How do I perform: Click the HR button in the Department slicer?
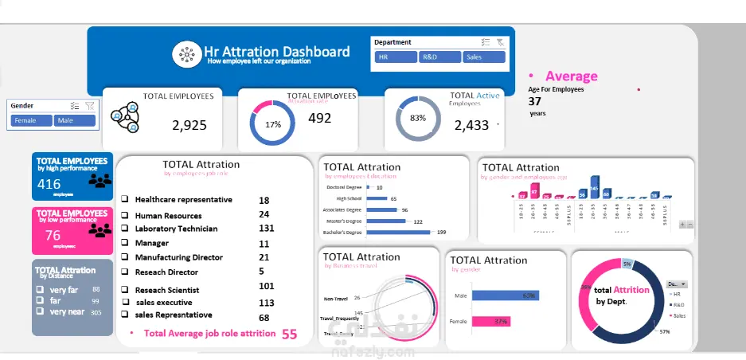[396, 57]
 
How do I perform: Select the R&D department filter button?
[439, 57]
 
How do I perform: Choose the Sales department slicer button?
[484, 57]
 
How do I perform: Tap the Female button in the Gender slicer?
[32, 120]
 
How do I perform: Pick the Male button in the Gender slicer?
[75, 120]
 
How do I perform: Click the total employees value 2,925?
[189, 125]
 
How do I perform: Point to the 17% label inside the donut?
[273, 125]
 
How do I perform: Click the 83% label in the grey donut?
[418, 118]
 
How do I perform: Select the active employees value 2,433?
[471, 125]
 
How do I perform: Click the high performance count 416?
[49, 184]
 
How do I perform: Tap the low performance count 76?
[53, 235]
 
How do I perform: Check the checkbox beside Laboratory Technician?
[125, 229]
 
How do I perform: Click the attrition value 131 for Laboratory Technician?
[266, 229]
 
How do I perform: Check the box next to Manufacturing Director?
[125, 258]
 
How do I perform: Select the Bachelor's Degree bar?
[398, 233]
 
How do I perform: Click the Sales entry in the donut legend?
[678, 315]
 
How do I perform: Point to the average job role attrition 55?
[289, 335]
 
